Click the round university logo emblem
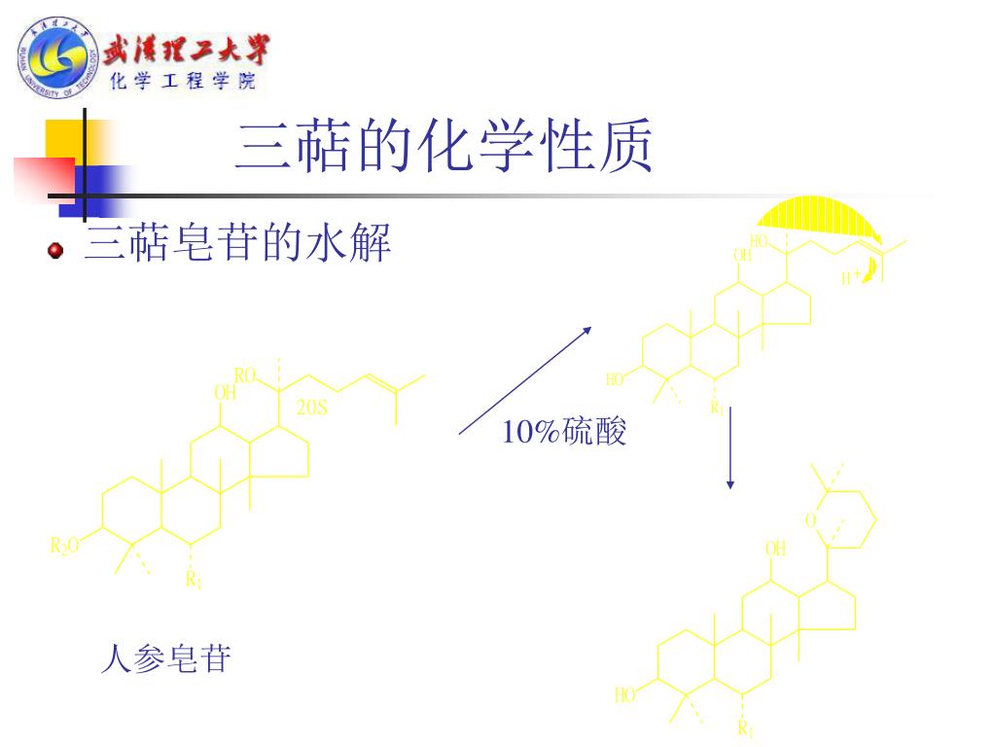[x=56, y=58]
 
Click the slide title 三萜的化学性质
[x=444, y=148]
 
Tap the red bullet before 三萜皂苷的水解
[x=55, y=251]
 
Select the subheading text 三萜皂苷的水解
[x=238, y=243]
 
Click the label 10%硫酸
[x=564, y=432]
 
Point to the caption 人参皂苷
[x=166, y=659]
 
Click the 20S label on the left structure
[x=311, y=409]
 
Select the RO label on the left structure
[x=244, y=375]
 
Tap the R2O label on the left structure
[x=64, y=546]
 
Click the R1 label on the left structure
[x=194, y=581]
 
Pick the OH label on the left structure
[x=225, y=393]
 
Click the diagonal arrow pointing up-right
[x=525, y=380]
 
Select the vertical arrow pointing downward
[x=729, y=447]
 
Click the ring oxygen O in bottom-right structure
[x=809, y=521]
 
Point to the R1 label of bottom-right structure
[x=746, y=729]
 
